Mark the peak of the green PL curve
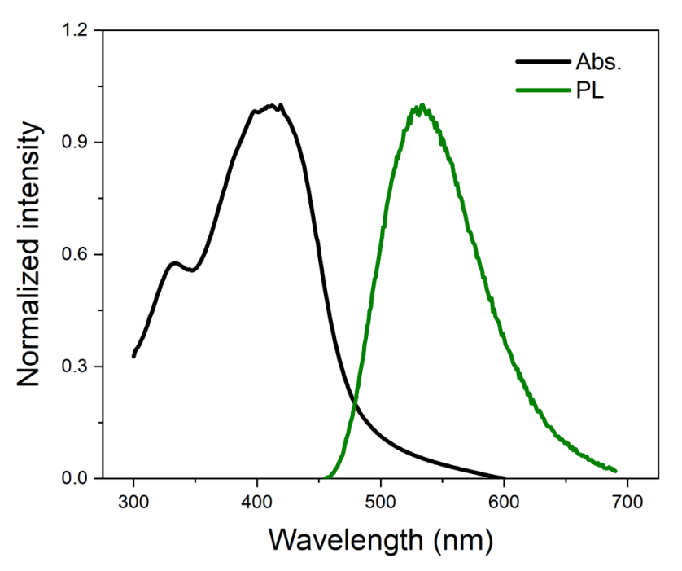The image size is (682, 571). click(x=422, y=105)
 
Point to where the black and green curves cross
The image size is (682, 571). click(x=355, y=405)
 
